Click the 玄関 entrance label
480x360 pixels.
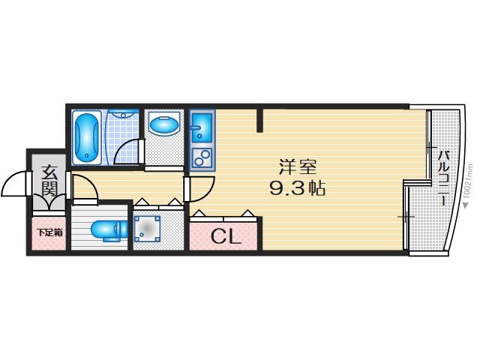tap(49, 181)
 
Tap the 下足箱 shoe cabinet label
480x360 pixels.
tap(49, 232)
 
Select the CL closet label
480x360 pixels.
tap(226, 236)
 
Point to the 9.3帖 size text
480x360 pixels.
tap(297, 187)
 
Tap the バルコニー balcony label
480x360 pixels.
tap(444, 178)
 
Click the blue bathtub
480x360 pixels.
tap(87, 138)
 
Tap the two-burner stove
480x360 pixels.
tap(202, 157)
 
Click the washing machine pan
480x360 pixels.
tap(147, 229)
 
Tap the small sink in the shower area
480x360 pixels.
tap(123, 114)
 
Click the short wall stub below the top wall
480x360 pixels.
tap(259, 120)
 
